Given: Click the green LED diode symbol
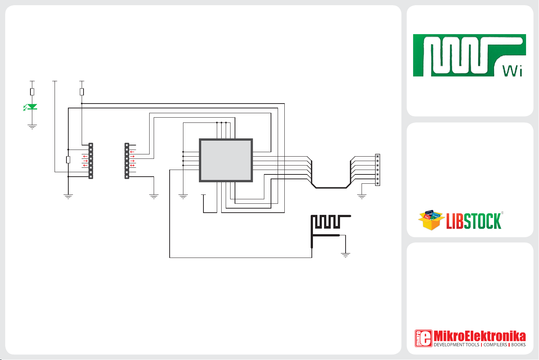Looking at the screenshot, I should tap(32, 107).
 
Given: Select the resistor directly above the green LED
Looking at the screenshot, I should tap(32, 92).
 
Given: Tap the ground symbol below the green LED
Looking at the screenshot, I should tap(32, 127).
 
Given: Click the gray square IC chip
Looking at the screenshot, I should tap(226, 160).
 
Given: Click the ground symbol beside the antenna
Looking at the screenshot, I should tap(346, 255).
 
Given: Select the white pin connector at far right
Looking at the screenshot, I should tap(378, 170).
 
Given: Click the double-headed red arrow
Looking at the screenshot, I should tap(132, 166).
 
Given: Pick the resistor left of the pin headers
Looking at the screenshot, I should tap(68, 160).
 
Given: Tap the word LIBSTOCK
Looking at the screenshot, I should tap(474, 222).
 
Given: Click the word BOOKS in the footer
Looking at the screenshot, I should tap(518, 345).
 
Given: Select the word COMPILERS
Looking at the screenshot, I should tap(495, 345).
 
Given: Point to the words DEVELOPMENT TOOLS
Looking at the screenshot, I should tap(456, 345).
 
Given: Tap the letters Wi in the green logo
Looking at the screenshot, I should tap(513, 71).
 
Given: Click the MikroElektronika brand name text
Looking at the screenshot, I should tap(479, 336).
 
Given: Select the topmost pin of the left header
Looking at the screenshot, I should tap(91, 145).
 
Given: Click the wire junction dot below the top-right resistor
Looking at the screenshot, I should tap(82, 104).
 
